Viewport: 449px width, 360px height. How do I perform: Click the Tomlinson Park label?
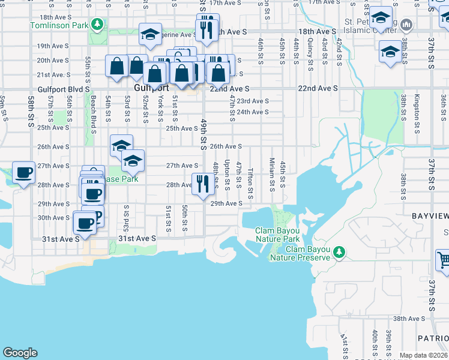tap(59, 26)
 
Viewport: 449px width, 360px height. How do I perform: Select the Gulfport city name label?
tap(147, 88)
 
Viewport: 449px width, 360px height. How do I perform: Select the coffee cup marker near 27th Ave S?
tap(23, 173)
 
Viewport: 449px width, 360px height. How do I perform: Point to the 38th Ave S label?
tap(408, 319)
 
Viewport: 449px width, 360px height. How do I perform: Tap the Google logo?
tap(20, 352)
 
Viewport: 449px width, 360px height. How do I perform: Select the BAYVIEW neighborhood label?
tap(430, 215)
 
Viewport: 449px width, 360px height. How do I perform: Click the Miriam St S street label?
tap(271, 173)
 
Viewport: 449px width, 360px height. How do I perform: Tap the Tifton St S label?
tap(250, 184)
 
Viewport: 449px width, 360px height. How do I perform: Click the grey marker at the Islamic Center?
tap(406, 25)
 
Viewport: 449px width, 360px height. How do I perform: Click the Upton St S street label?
tap(227, 173)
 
